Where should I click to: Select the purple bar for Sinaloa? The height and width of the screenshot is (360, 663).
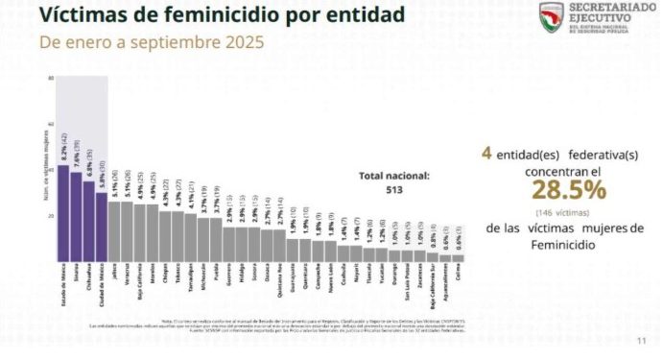pyautogui.click(x=76, y=217)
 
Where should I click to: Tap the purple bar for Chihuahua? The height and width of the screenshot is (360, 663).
pyautogui.click(x=88, y=222)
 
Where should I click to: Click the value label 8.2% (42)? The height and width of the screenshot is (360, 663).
pyautogui.click(x=63, y=151)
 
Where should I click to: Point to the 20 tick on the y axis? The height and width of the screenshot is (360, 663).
pyautogui.click(x=51, y=216)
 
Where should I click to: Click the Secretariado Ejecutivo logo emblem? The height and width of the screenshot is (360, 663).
pyautogui.click(x=551, y=15)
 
